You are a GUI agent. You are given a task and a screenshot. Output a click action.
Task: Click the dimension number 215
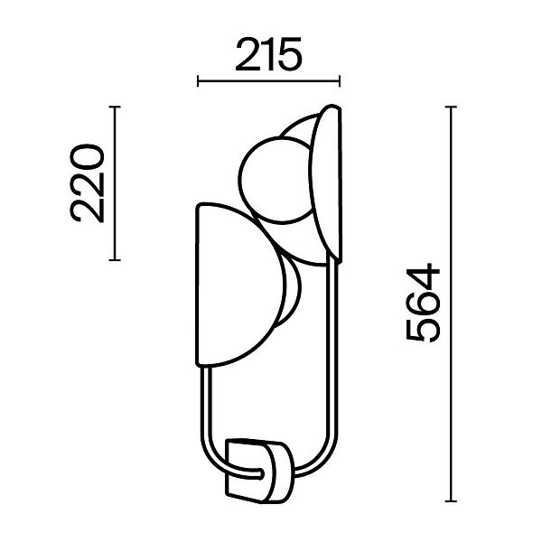268,54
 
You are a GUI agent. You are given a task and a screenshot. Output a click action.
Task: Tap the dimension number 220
87,183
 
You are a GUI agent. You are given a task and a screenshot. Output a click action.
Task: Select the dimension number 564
423,304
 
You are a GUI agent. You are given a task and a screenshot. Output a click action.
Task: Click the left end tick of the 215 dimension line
198,81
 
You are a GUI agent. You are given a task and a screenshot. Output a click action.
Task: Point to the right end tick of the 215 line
340,81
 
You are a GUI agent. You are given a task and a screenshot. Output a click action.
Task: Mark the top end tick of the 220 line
115,107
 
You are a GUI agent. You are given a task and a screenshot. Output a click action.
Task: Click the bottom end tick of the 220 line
115,259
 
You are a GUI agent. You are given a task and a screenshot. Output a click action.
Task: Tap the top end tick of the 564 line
451,107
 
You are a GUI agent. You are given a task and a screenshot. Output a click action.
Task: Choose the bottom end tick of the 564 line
451,500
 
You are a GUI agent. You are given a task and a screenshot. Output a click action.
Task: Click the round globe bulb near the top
275,180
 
